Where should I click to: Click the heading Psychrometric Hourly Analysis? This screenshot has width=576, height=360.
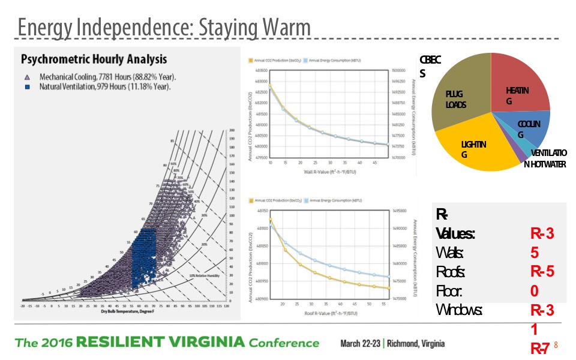(94, 59)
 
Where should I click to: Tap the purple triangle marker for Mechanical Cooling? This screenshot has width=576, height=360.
(26, 77)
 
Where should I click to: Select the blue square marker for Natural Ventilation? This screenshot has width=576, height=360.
(26, 87)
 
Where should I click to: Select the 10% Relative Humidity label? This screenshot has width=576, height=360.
(203, 275)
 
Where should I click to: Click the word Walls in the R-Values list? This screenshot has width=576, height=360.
(450, 252)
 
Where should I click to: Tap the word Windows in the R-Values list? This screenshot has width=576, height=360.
(459, 310)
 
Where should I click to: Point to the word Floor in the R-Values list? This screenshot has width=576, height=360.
(449, 291)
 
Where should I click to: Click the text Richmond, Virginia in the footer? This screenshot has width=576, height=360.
(416, 344)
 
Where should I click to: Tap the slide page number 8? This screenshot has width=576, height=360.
(556, 345)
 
